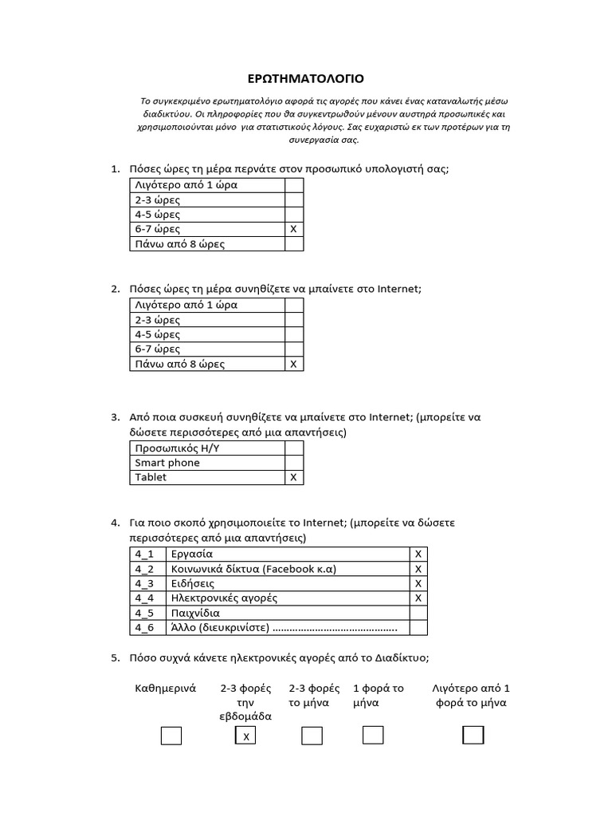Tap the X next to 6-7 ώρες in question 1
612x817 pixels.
293,229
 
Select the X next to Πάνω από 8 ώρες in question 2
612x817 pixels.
293,364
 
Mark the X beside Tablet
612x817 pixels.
293,477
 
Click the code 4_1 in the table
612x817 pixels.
145,553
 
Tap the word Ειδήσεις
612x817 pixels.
192,583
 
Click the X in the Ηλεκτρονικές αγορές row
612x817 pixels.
418,598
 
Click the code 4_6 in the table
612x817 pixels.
145,627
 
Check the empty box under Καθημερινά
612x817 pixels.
171,735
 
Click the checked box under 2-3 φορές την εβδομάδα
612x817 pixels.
245,736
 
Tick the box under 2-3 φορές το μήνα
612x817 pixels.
312,735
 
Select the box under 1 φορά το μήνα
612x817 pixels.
373,735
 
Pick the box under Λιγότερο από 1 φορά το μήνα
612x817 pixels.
473,735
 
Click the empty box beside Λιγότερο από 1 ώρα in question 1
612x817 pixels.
293,185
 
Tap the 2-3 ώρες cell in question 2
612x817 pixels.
206,320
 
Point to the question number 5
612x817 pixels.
114,658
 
